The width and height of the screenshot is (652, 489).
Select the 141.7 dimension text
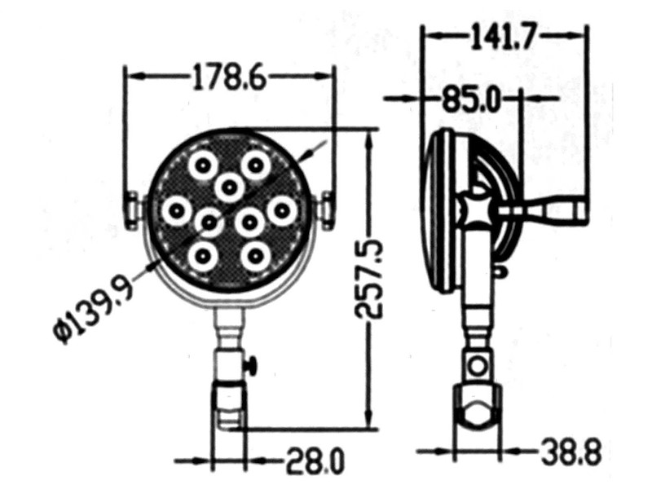tap(503, 36)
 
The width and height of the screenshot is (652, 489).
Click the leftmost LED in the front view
tap(175, 212)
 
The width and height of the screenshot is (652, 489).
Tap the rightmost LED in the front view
tap(281, 210)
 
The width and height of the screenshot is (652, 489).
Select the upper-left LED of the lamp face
tap(200, 166)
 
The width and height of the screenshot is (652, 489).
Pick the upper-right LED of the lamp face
tap(255, 165)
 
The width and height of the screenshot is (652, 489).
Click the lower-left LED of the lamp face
tap(200, 257)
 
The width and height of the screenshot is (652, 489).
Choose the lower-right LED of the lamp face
tap(255, 257)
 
